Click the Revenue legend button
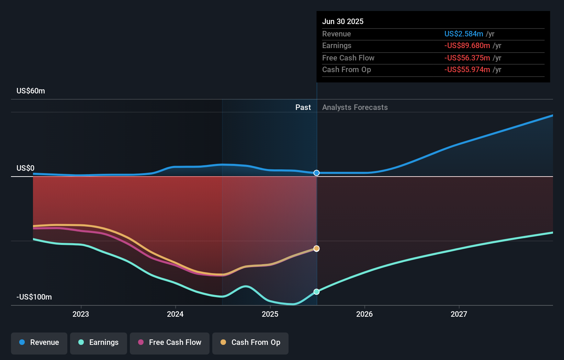(39, 342)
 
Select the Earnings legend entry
(99, 342)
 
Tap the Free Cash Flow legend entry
(170, 342)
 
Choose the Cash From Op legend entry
(250, 342)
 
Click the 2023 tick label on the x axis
(81, 314)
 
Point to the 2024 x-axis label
(175, 314)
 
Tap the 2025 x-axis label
(270, 314)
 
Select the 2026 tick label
(364, 314)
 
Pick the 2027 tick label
(459, 314)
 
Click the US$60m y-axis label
(31, 91)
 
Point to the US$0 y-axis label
(25, 168)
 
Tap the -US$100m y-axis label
(34, 297)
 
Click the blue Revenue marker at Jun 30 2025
(317, 173)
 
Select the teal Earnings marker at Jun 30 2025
(317, 292)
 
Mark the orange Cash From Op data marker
(317, 248)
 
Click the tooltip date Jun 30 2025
(343, 21)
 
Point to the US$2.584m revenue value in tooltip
(464, 34)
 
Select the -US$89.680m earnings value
(467, 46)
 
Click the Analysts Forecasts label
(355, 107)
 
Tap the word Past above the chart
(303, 107)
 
